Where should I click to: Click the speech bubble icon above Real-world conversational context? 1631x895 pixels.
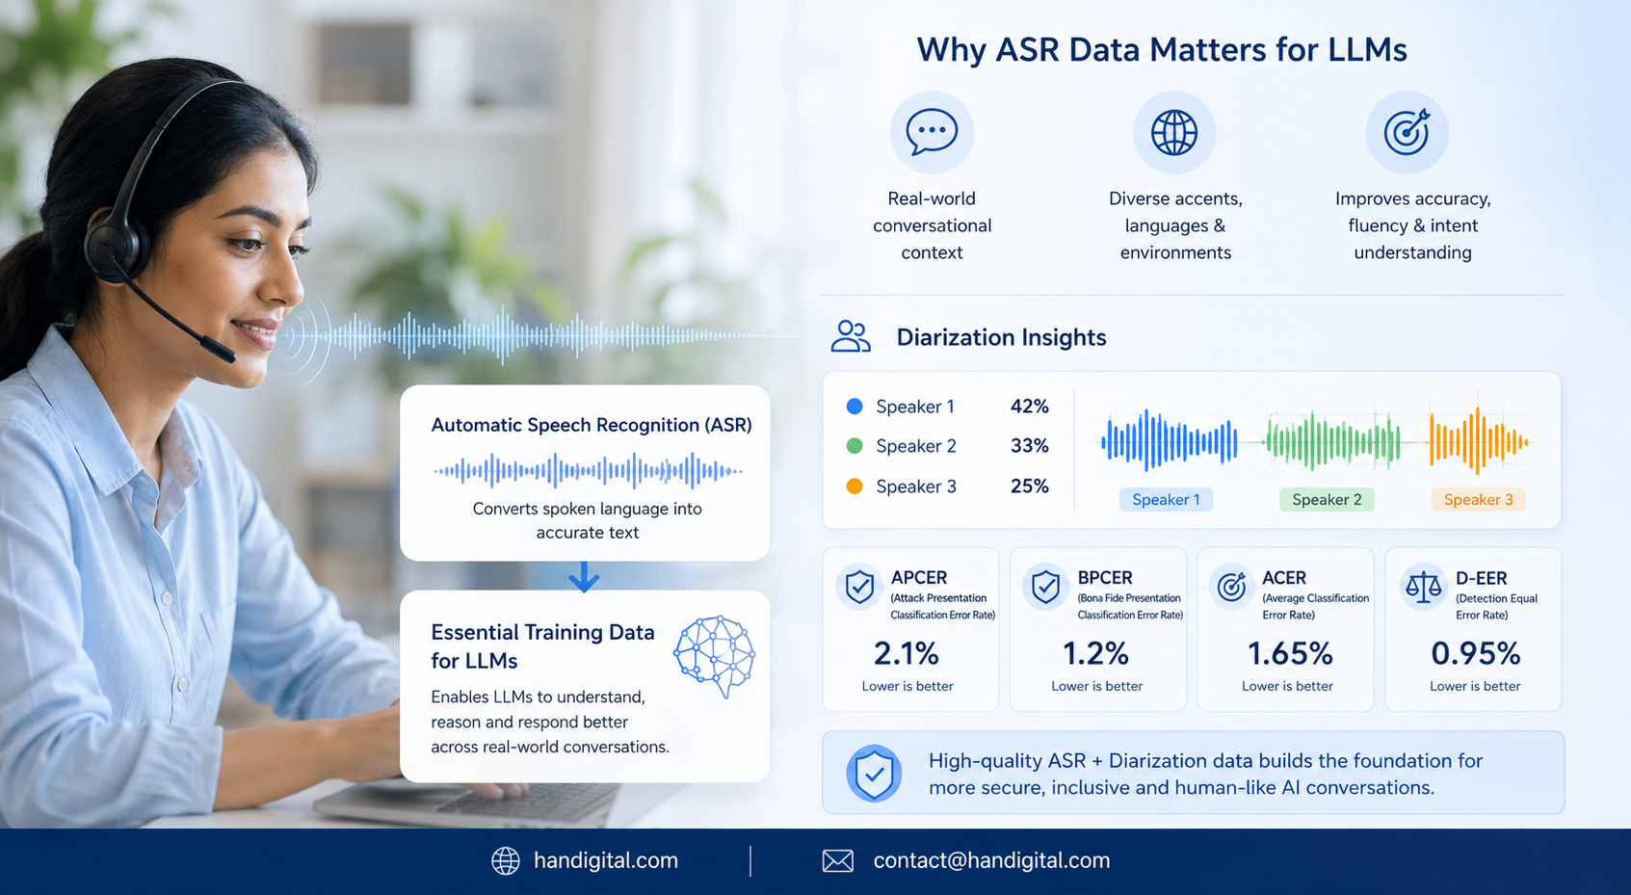click(x=932, y=132)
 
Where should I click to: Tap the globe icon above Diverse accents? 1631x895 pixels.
click(x=1173, y=133)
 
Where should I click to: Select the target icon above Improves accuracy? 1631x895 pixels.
click(x=1407, y=132)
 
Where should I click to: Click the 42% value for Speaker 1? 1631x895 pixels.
click(x=1030, y=407)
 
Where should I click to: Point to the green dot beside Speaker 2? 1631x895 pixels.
click(x=855, y=446)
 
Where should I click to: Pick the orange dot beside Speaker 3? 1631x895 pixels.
click(x=855, y=487)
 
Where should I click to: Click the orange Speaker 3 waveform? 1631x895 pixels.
click(x=1478, y=440)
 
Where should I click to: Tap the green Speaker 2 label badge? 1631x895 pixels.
click(x=1327, y=500)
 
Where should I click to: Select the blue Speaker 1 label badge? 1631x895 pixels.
click(x=1166, y=500)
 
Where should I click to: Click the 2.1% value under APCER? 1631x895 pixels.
click(x=907, y=653)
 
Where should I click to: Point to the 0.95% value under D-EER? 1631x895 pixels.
click(x=1475, y=653)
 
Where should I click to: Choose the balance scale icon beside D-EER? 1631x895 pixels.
click(x=1424, y=587)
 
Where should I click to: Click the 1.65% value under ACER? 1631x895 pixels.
click(x=1290, y=653)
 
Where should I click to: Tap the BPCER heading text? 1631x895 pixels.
click(x=1105, y=577)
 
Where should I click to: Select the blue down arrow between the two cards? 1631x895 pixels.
click(x=584, y=577)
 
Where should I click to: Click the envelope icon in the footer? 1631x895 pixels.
click(x=837, y=860)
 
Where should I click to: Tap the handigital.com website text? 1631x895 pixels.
click(x=606, y=860)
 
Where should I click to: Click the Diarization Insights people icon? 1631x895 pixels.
click(x=851, y=336)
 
